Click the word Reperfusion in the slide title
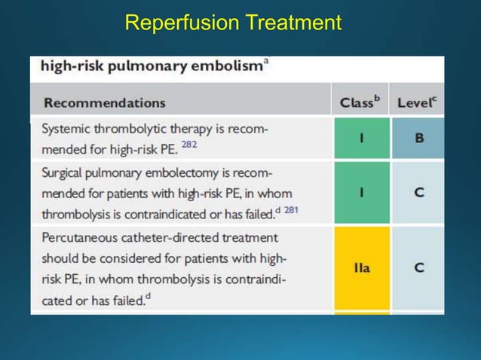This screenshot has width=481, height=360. coord(170,23)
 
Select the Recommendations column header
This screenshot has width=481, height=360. coord(104,102)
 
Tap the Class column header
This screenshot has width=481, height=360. coord(360,102)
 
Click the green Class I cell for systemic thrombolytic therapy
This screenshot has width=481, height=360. coord(361,138)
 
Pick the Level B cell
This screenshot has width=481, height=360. coord(418,138)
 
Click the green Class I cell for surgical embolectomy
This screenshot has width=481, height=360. coord(361,192)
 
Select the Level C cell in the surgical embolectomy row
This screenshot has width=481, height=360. coord(418,192)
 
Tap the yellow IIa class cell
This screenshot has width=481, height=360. coord(361,267)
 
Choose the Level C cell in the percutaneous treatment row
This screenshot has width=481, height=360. coord(418,267)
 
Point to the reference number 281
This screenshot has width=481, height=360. coord(291,209)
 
